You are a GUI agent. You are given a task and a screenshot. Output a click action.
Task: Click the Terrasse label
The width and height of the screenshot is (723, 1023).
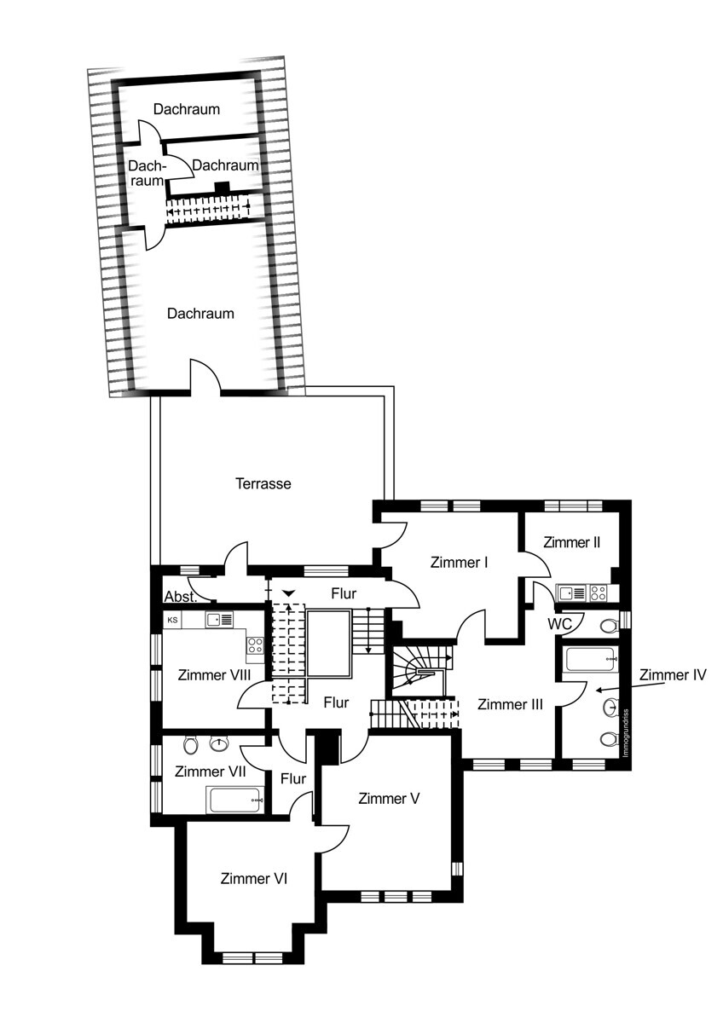coord(263,483)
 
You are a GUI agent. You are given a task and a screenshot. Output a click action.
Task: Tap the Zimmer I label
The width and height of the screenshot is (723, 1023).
coord(459,562)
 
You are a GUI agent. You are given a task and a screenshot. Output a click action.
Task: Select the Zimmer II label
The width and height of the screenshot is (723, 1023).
coord(571,542)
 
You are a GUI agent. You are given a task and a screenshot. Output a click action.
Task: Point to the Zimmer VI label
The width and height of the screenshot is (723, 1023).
coord(253,879)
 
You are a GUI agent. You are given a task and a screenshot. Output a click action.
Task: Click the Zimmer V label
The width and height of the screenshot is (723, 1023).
coord(389,799)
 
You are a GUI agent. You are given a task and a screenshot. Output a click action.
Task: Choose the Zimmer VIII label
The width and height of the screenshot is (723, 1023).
coord(214,675)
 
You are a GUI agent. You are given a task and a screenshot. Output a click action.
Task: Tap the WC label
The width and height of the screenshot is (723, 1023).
coord(559,624)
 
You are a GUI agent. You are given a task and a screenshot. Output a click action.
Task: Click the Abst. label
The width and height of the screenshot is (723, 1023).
coord(181,597)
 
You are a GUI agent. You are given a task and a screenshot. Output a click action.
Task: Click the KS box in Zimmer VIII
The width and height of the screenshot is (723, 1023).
coord(172,621)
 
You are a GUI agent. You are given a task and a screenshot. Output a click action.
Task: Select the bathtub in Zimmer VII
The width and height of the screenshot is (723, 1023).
coord(235,800)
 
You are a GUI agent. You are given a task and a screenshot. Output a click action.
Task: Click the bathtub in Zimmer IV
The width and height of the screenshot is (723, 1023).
coord(591,660)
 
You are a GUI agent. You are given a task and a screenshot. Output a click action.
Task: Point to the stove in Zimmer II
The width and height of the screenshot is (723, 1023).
coord(599,593)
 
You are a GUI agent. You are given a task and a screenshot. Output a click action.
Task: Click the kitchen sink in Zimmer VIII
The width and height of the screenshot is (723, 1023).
coord(220,620)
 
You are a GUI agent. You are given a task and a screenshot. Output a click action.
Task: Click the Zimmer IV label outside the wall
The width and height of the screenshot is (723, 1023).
coord(673,674)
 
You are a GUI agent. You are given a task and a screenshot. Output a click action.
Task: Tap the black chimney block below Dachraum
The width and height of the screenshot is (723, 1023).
coord(223,188)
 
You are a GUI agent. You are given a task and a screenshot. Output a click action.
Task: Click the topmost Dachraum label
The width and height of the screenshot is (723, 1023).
coord(187,109)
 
